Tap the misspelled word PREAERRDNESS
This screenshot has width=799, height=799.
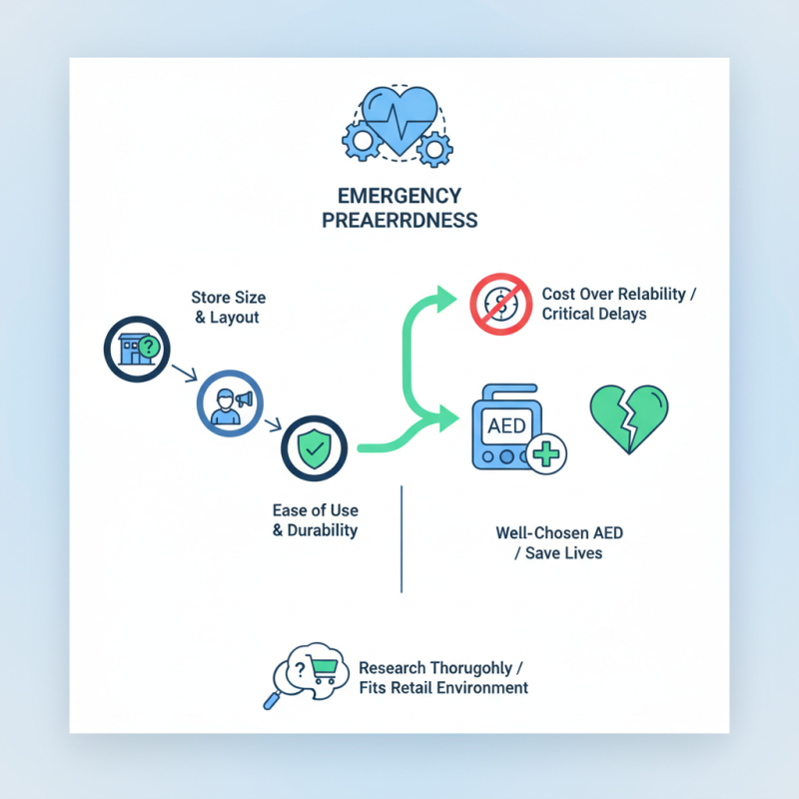[x=399, y=221]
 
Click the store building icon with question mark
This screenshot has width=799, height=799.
[x=133, y=348]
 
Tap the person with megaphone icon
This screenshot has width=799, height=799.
[x=227, y=403]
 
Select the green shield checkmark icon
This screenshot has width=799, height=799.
[x=314, y=449]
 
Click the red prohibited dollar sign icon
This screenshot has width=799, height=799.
[x=498, y=305]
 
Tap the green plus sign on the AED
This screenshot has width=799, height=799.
[x=545, y=454]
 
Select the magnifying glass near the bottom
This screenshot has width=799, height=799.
[x=273, y=698]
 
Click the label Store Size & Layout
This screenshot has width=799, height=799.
[x=229, y=307]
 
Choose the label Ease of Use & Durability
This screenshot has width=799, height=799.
[x=315, y=520]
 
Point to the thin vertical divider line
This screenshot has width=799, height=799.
[x=400, y=539]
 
